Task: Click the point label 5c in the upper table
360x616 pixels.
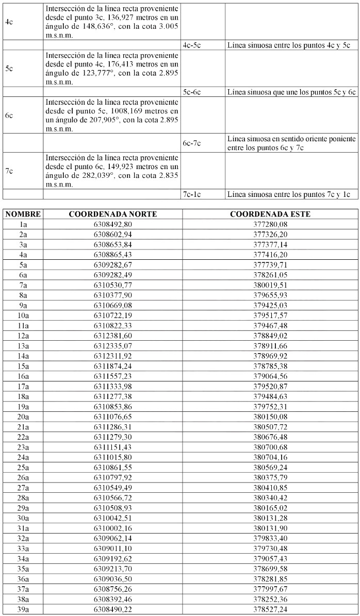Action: click(9, 69)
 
